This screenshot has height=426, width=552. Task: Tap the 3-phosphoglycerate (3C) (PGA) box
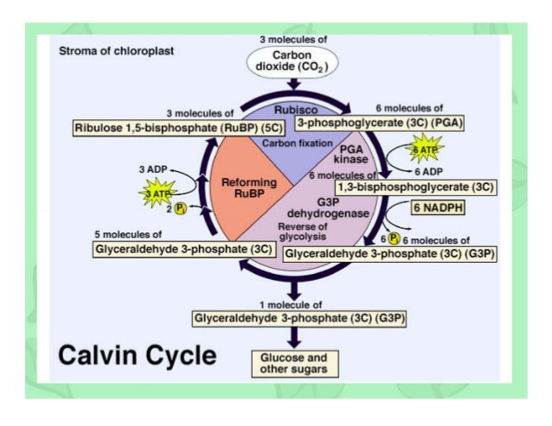380,123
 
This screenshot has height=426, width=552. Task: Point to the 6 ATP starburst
425,150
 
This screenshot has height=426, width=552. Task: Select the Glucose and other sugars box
293,363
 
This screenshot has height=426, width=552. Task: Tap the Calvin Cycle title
138,355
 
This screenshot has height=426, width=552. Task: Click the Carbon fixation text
292,142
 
